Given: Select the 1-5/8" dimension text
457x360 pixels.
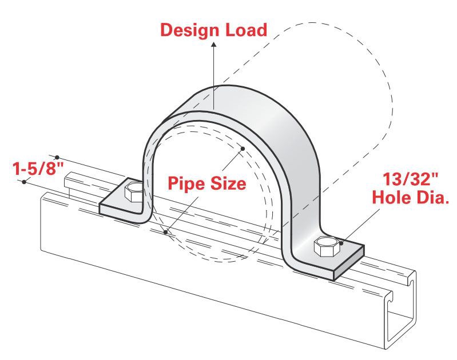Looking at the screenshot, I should click(x=36, y=169).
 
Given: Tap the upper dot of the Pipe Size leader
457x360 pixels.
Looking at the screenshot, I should click(x=243, y=149).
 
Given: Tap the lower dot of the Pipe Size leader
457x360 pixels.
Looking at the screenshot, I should click(x=165, y=232).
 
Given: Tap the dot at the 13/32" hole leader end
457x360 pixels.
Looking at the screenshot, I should click(x=341, y=243).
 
